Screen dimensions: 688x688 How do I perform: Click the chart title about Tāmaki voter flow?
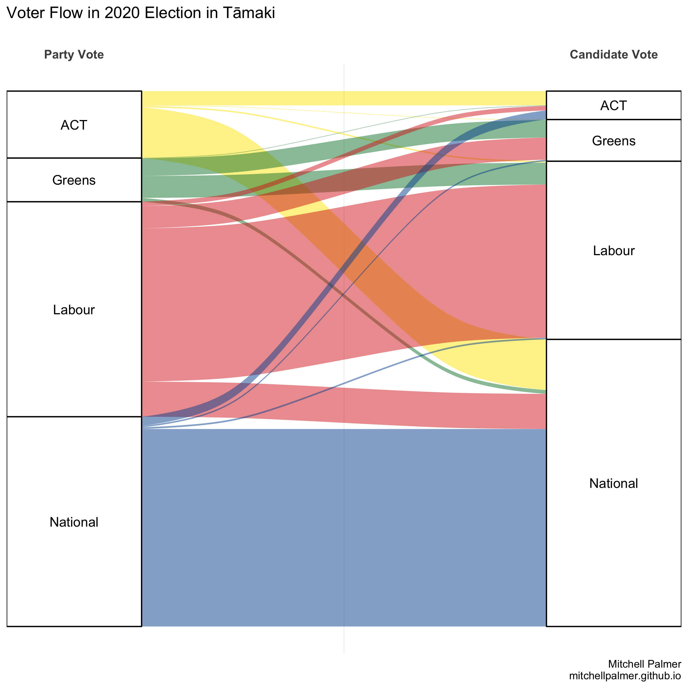[141, 13]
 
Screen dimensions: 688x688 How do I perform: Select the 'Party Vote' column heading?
[74, 54]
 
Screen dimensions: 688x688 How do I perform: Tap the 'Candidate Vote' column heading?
[613, 54]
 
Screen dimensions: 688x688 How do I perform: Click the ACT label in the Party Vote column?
[74, 125]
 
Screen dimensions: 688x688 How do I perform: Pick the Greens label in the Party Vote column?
[74, 180]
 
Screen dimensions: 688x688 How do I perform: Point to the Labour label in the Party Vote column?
[74, 310]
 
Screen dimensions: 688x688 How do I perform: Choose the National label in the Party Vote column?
[74, 522]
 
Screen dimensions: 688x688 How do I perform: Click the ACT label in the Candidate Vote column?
[613, 105]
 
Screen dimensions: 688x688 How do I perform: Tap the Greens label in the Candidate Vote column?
[613, 141]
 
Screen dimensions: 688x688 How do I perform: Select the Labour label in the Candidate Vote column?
[613, 251]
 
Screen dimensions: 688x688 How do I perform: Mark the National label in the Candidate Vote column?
[613, 483]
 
